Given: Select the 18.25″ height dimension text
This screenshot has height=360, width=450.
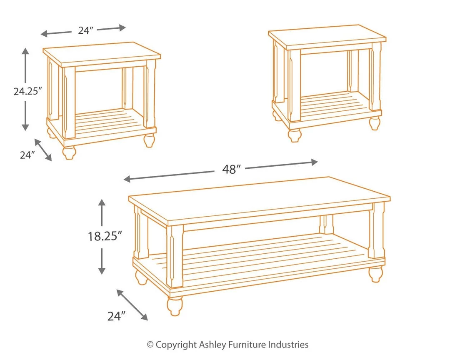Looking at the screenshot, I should click(x=105, y=236).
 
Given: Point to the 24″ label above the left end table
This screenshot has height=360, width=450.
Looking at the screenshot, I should click(x=85, y=30).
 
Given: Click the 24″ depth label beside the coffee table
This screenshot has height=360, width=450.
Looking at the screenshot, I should click(x=117, y=316).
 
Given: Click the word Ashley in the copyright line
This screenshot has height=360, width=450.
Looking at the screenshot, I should click(x=212, y=345).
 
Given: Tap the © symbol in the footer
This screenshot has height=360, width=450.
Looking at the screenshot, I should click(x=150, y=345).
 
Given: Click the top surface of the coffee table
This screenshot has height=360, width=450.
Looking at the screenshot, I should click(x=258, y=200).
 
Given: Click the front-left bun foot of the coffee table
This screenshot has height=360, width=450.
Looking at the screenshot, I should click(x=175, y=305).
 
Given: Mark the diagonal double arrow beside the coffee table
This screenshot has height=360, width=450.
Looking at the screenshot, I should click(x=132, y=305).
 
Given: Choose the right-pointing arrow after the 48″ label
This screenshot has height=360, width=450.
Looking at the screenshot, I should click(x=283, y=165).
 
